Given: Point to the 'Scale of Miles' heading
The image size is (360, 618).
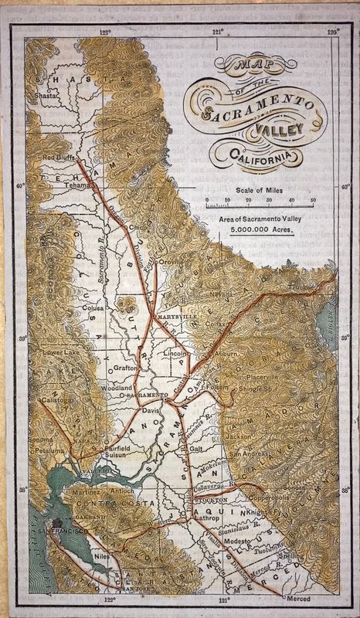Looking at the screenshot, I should coord(260,188).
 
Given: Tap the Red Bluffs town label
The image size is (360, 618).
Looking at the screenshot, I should coord(58,158).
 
